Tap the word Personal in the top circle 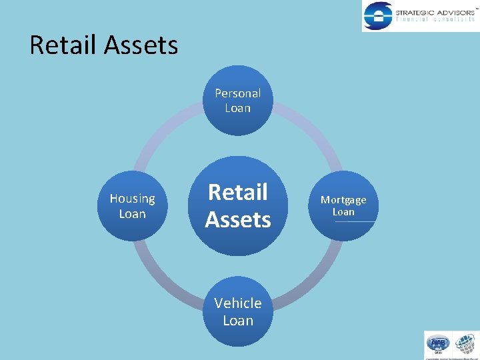click(x=237, y=93)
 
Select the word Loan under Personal click(x=237, y=108)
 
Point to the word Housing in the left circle click(x=132, y=199)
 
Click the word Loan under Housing click(x=132, y=214)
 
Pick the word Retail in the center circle click(x=237, y=192)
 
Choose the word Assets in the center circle click(x=238, y=219)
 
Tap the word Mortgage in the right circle click(x=343, y=200)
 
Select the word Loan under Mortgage click(x=343, y=212)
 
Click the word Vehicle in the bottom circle click(x=237, y=303)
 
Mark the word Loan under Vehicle click(x=238, y=321)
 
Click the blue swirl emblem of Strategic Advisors click(x=378, y=15)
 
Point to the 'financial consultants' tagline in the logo click(x=434, y=20)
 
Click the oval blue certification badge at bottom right click(x=438, y=344)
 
